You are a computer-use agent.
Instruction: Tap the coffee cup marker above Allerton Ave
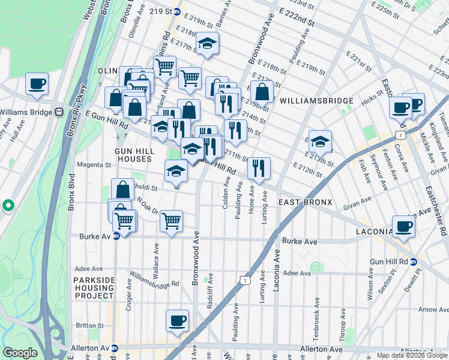tap(177, 320)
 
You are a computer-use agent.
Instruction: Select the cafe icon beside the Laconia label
tap(404, 226)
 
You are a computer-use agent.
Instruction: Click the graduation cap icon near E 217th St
tap(208, 43)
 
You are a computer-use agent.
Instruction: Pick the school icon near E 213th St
tap(321, 141)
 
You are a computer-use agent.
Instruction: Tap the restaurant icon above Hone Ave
tap(259, 167)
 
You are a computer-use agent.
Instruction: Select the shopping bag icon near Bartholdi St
tap(122, 189)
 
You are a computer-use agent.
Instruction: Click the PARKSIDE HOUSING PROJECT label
tap(93, 288)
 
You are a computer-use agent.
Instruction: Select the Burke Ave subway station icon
tap(116, 236)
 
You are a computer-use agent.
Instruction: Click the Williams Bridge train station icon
tap(59, 112)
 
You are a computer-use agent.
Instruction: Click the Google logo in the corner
tap(20, 353)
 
